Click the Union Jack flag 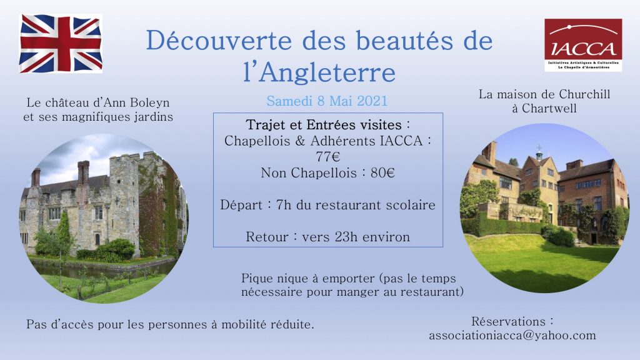tap(61, 44)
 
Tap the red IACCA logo tap(583, 45)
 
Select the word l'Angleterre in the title tap(319, 72)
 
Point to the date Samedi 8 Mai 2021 tap(327, 101)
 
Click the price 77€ tap(327, 157)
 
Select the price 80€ tap(382, 173)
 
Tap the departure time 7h tap(284, 204)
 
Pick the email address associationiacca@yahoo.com tap(512, 336)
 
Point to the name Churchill tap(584, 94)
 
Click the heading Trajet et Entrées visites tap(324, 124)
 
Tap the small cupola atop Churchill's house tap(539, 152)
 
